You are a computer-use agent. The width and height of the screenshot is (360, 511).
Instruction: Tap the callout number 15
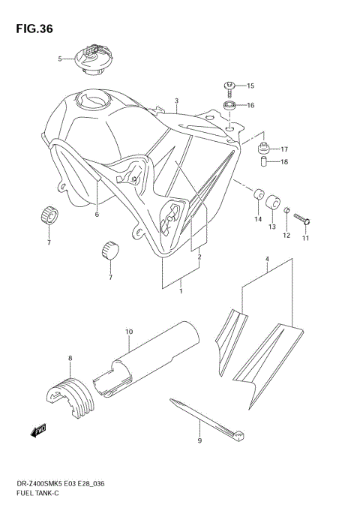[x=251, y=86]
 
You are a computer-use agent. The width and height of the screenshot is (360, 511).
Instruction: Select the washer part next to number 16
[x=231, y=104]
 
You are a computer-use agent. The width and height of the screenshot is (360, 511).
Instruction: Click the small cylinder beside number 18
[x=263, y=161]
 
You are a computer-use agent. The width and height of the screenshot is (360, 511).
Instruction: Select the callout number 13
[x=271, y=226]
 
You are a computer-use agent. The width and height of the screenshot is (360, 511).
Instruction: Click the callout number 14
[x=256, y=219]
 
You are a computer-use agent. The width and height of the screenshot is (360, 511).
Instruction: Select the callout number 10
[x=129, y=331]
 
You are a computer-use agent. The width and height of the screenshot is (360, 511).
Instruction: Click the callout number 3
[x=175, y=101]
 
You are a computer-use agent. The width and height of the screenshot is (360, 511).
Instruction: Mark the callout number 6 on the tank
[x=97, y=215]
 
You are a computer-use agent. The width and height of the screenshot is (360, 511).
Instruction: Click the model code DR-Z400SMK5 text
[x=34, y=488]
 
